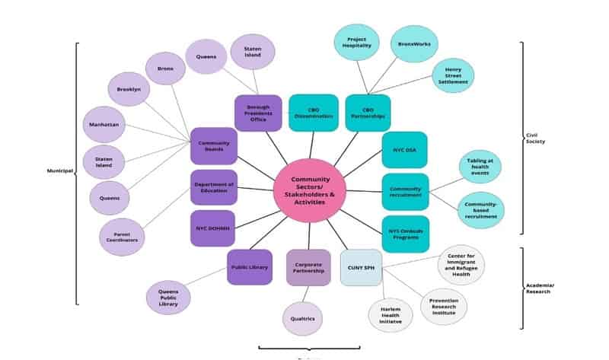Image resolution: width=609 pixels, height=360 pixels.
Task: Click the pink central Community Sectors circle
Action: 309,190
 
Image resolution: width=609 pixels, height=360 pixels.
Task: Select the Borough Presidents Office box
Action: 258,113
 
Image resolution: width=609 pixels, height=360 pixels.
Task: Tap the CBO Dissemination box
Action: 313,113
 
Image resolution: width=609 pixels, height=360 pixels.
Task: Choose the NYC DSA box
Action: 404,149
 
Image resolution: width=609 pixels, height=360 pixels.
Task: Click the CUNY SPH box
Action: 361,267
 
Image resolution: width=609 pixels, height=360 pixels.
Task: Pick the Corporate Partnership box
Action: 308,267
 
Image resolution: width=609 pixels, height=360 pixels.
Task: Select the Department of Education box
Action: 213,187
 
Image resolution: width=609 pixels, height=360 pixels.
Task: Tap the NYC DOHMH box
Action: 213,228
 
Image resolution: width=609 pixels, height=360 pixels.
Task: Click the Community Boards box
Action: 213,146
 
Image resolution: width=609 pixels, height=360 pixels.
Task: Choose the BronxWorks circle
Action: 413,43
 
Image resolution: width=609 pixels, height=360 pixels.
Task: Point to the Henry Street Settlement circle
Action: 453,76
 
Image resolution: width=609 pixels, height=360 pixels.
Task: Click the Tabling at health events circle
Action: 480,167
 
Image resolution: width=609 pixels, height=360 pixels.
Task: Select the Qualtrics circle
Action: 302,318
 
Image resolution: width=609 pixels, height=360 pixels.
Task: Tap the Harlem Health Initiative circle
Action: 391,315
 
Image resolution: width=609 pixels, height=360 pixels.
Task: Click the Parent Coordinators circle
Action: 122,236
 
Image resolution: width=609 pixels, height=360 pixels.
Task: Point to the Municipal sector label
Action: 58,171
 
